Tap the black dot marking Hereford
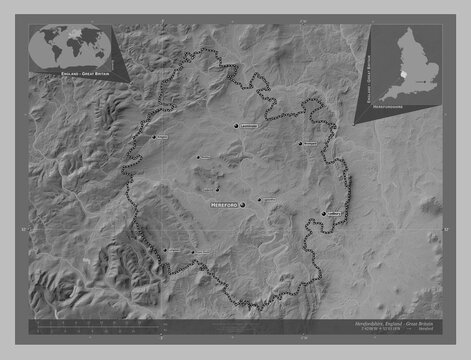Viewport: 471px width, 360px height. [241, 204]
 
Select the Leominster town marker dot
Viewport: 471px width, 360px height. [236, 127]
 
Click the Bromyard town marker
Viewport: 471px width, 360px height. [299, 143]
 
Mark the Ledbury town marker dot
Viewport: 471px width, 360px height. [325, 213]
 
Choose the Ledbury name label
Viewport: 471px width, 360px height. [336, 213]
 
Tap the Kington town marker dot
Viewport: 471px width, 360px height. [152, 137]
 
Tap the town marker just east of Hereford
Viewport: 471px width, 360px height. [259, 199]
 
